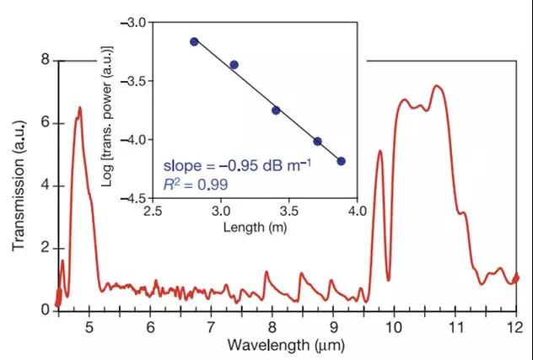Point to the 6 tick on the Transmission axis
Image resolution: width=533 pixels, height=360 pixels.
point(46,123)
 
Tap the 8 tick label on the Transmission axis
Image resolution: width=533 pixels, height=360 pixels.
point(46,61)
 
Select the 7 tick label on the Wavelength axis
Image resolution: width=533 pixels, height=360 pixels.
point(212,326)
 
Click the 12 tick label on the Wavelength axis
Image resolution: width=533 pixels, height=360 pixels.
point(515,326)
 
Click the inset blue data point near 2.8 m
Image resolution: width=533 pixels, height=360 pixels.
point(194,41)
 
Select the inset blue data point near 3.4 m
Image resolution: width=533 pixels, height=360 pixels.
point(276,110)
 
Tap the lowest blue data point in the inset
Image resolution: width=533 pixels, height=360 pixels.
point(341,161)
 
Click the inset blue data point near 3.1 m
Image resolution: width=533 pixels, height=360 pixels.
point(234,64)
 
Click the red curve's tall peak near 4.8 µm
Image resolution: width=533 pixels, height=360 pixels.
point(79,108)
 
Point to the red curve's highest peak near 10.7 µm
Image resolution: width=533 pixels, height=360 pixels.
point(437,86)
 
